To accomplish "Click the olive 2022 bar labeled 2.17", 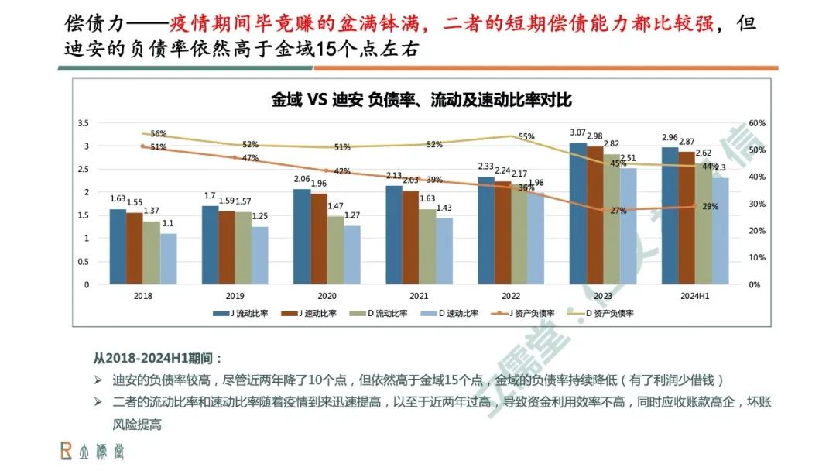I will (520, 234).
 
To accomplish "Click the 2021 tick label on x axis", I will (418, 296).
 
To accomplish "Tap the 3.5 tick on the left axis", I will (84, 123).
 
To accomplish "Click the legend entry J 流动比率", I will (239, 313).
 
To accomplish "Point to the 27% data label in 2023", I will (618, 211).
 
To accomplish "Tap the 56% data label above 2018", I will (159, 134).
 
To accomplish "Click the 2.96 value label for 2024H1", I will (670, 139).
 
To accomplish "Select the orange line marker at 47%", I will (235, 157).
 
